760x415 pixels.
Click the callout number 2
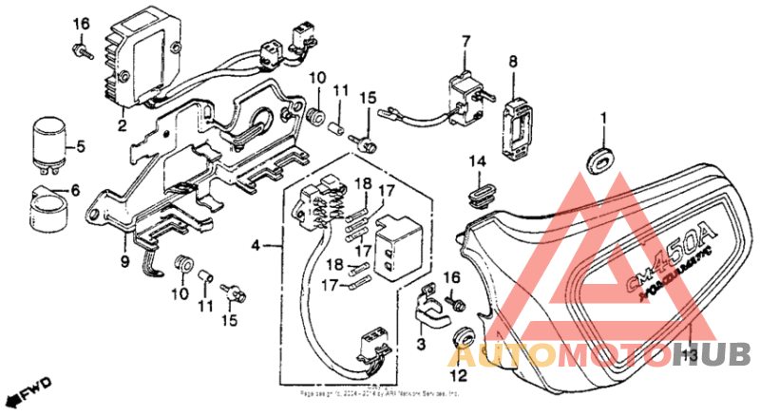pos(123,124)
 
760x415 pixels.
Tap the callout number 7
pos(466,41)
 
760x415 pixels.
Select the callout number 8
pos(513,62)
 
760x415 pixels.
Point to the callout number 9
pos(123,255)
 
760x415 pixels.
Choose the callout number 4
pos(255,247)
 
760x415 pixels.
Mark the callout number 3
pos(421,346)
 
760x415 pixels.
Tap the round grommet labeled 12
pos(464,335)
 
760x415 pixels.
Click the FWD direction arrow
pos(28,390)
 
